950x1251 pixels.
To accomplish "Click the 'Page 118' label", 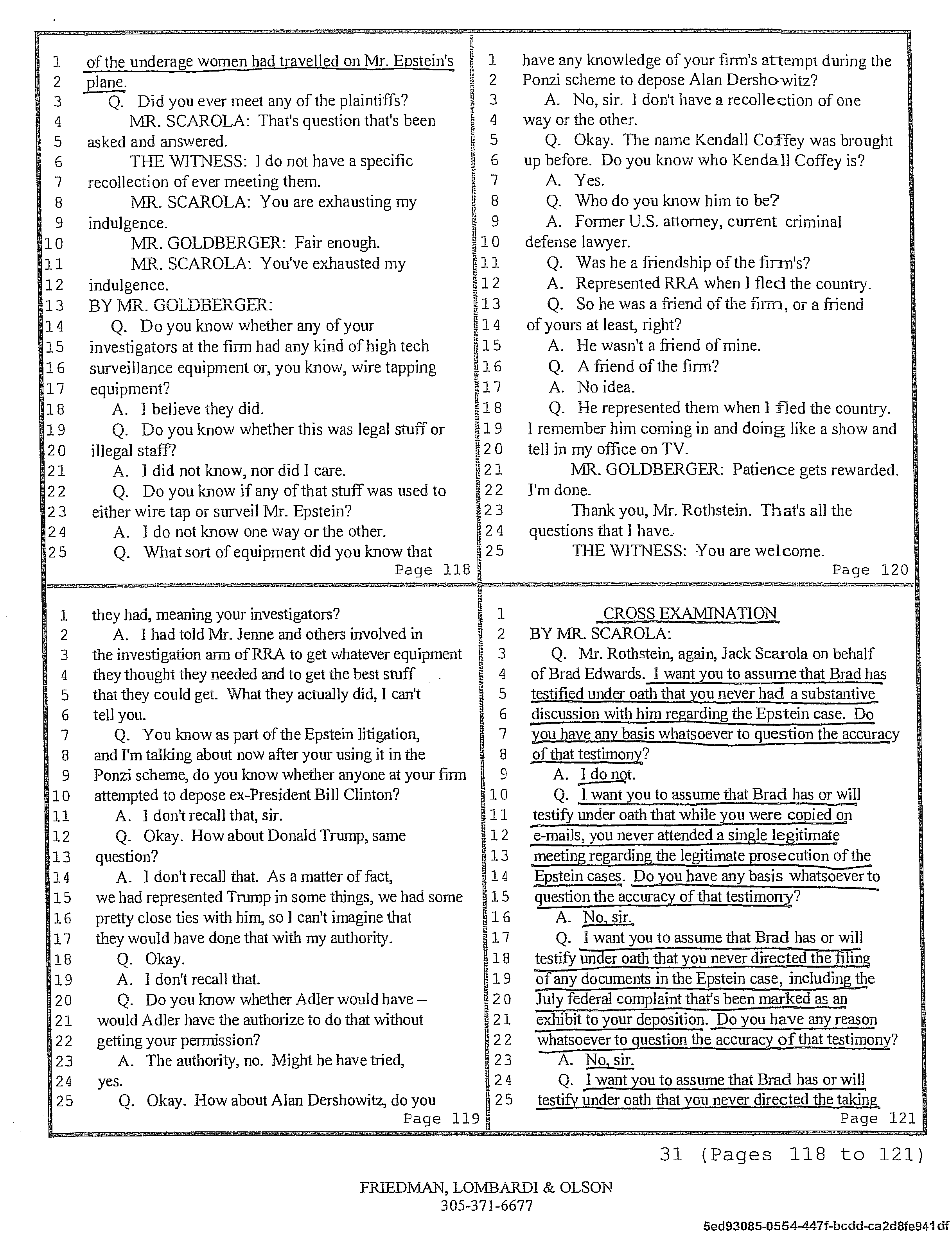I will click(433, 570).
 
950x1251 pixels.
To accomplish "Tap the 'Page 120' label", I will click(870, 570).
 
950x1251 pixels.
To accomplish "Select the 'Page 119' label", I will click(441, 1118).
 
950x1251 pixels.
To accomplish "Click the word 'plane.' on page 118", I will click(105, 82).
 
